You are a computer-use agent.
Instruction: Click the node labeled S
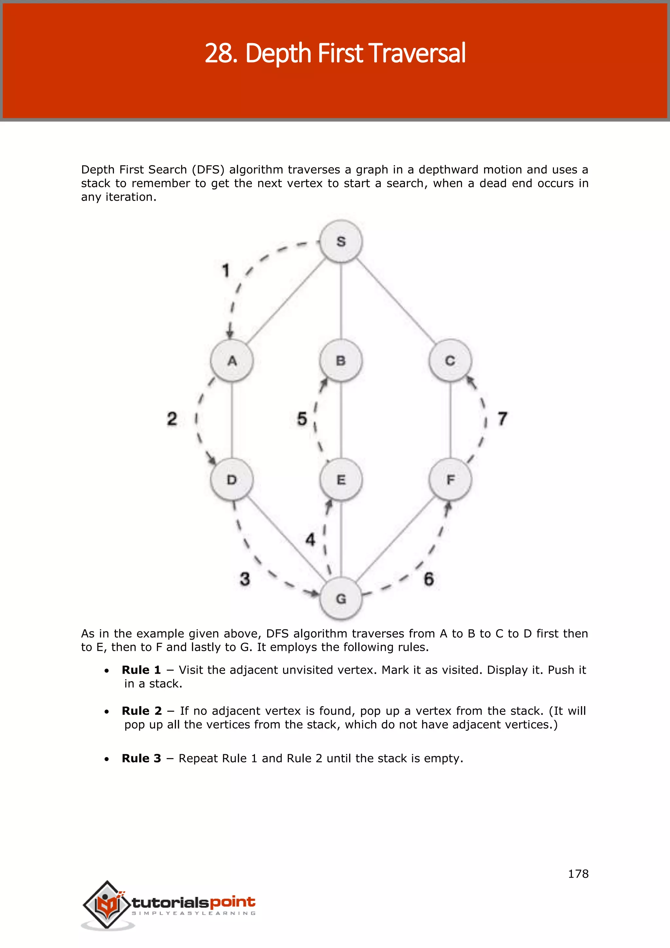pos(341,242)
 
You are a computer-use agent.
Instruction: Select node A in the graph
pos(232,360)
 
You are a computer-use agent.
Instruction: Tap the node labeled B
pos(341,360)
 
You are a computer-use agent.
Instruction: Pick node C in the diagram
pos(450,360)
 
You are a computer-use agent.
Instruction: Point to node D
pos(232,479)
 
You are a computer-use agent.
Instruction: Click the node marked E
pos(341,479)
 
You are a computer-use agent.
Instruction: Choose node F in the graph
pos(450,479)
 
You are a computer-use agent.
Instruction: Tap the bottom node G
pos(341,598)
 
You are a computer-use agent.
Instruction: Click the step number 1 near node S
pos(226,271)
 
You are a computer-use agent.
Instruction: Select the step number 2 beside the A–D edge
pos(172,419)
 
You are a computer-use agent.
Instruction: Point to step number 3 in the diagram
pos(245,579)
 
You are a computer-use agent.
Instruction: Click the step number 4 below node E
pos(310,539)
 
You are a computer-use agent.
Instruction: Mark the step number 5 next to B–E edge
pos(302,419)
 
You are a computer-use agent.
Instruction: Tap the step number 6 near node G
pos(429,579)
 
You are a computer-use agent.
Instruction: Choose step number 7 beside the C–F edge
pos(502,419)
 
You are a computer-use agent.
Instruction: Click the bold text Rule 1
pos(141,670)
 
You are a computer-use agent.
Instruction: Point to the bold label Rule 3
pos(141,758)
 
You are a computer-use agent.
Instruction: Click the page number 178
pos(578,874)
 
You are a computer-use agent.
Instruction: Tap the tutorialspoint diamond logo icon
pos(107,904)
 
